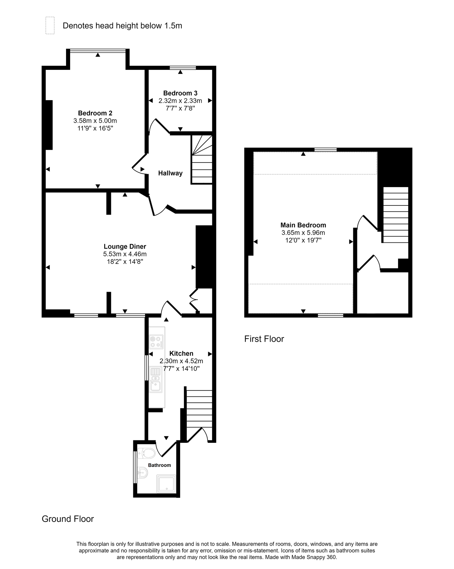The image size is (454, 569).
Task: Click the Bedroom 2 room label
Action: click(95, 113)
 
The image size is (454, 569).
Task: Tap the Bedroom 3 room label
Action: click(180, 93)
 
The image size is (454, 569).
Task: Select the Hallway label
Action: click(170, 173)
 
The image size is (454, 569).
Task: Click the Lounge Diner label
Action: click(125, 247)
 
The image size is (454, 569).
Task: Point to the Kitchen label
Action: click(181, 353)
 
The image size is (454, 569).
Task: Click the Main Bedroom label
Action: click(303, 225)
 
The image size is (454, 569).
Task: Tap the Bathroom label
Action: click(160, 465)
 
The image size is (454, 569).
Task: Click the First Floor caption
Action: click(264, 339)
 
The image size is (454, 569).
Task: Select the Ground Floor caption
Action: click(68, 519)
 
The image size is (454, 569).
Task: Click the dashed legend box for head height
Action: click(50, 25)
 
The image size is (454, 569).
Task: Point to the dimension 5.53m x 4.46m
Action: click(125, 254)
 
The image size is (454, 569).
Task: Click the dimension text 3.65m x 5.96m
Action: click(303, 233)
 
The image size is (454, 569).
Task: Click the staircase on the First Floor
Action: click(396, 215)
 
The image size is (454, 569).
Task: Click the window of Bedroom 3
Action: click(183, 68)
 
